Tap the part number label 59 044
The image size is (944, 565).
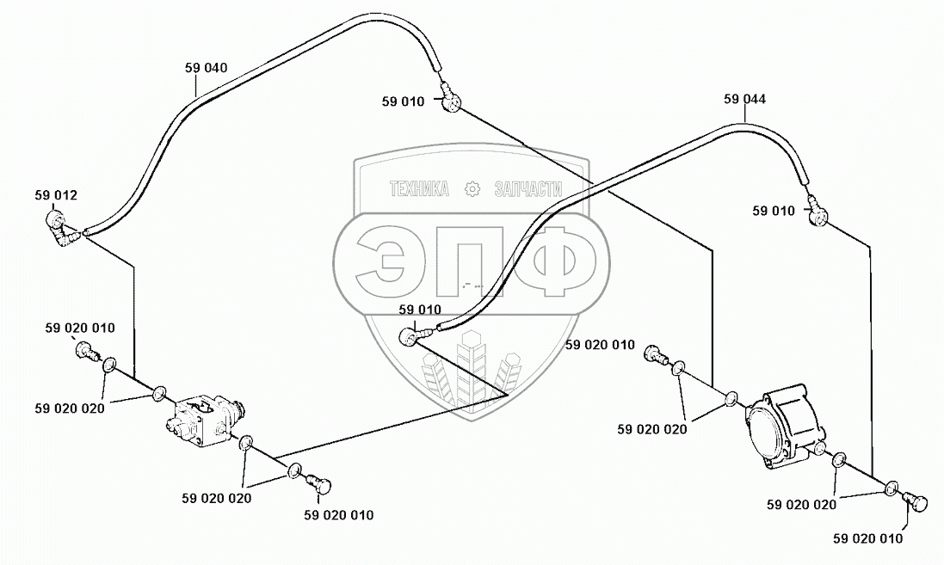coord(744,100)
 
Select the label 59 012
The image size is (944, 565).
coord(56,195)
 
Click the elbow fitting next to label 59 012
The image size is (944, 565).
coord(63,230)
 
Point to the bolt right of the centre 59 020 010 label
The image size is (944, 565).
coord(657,353)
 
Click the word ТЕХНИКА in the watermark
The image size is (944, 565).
coord(419,189)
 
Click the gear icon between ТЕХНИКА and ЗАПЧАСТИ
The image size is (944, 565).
coord(471,189)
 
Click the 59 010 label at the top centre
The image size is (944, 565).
coord(403,101)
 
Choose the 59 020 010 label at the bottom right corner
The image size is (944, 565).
coord(868,539)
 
